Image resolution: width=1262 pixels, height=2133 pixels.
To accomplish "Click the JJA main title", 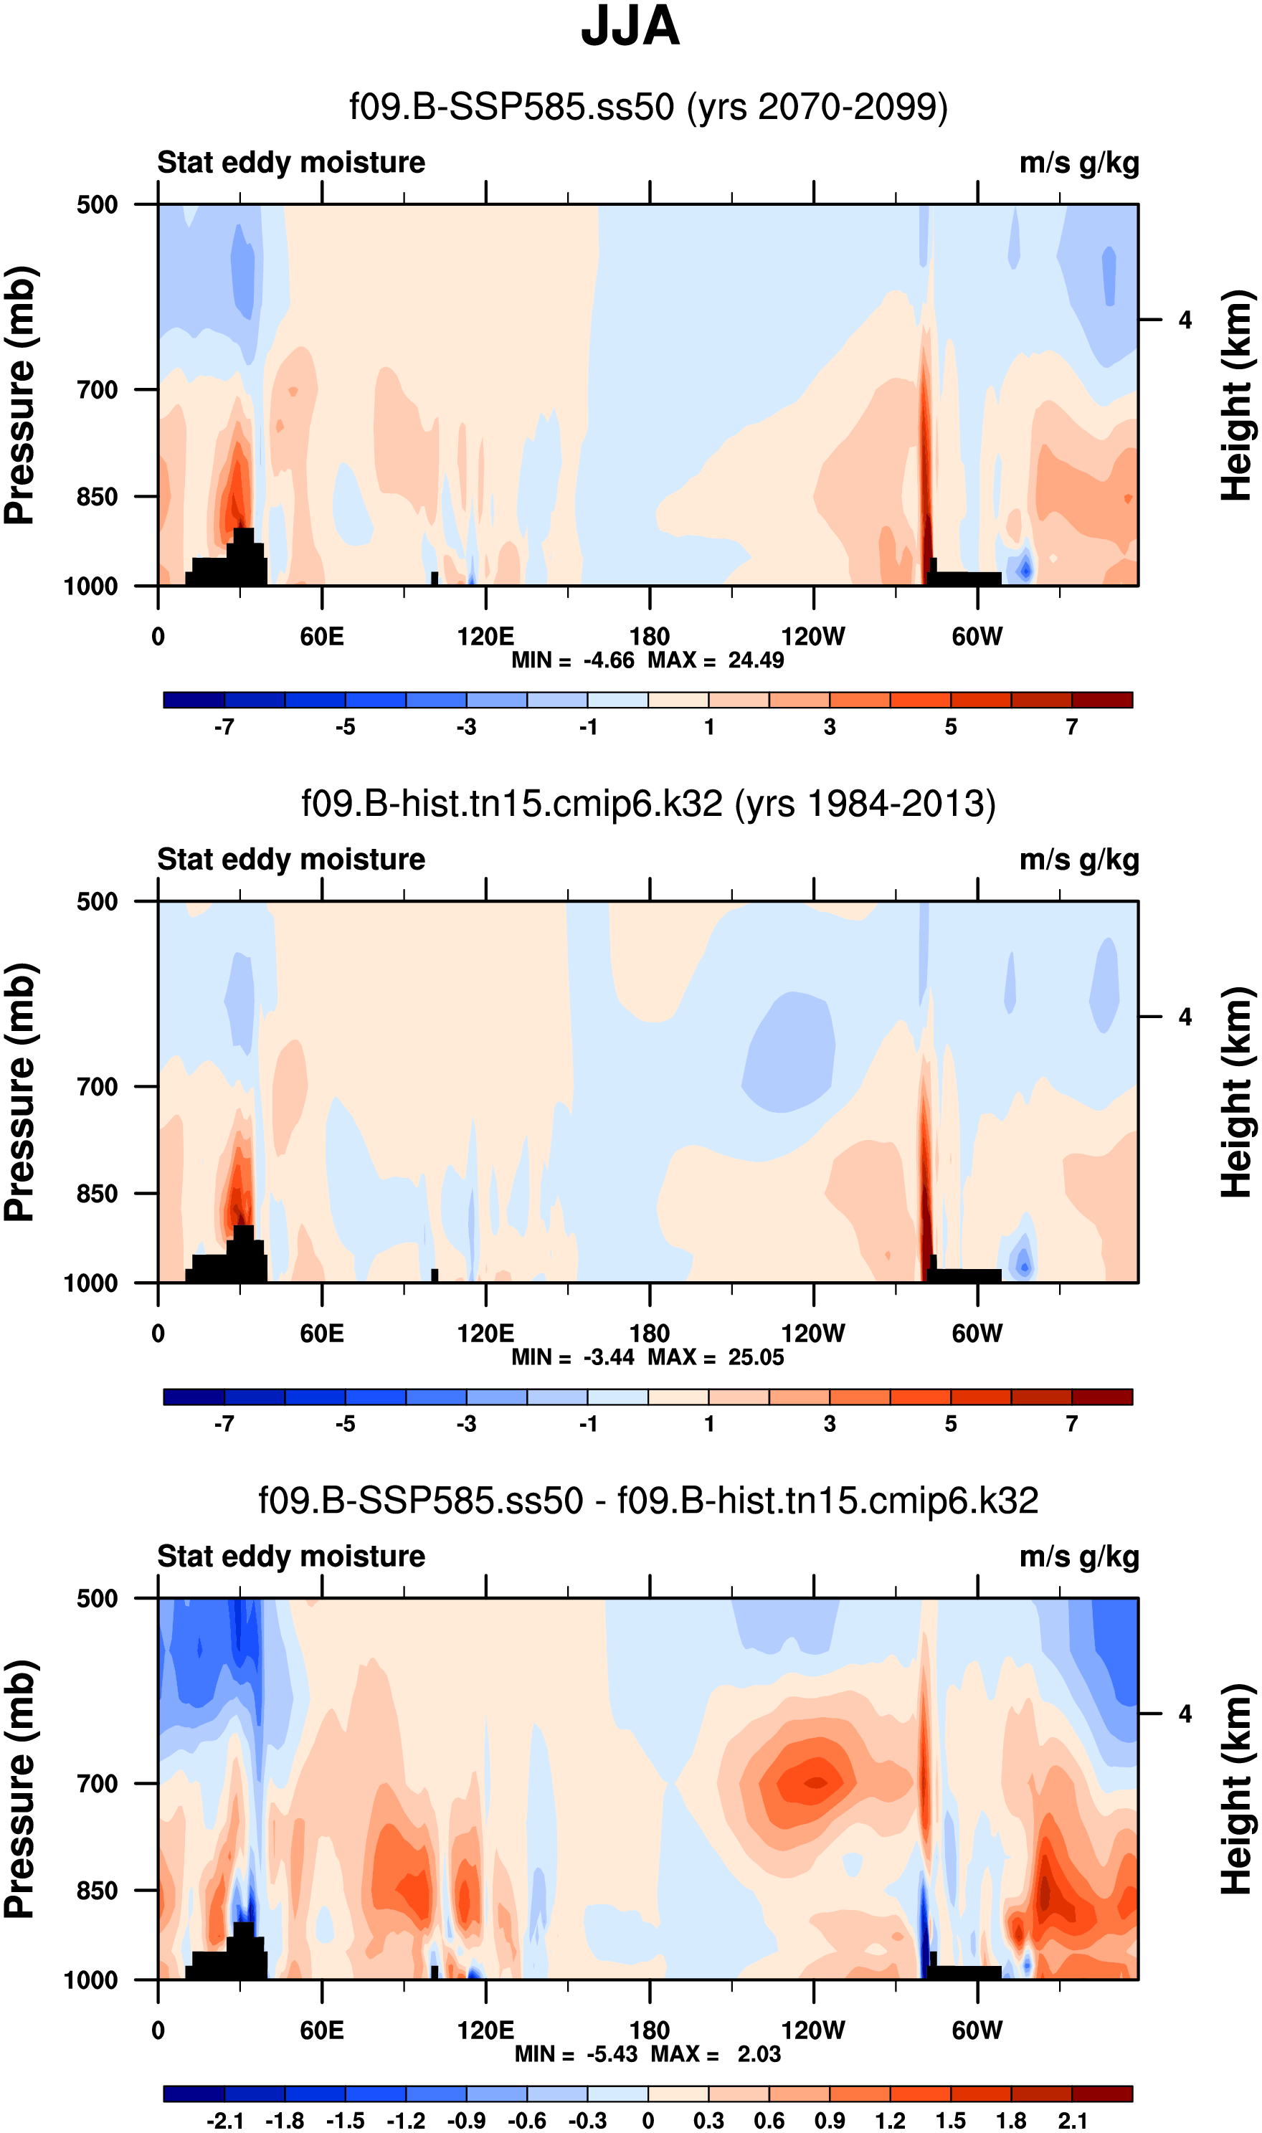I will coord(630,27).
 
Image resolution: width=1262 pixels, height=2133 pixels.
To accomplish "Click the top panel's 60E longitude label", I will coord(321,636).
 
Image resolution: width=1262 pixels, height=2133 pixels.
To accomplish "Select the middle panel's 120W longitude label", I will coord(813,1333).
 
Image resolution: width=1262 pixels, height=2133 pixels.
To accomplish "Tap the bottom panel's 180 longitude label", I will coord(650,2030).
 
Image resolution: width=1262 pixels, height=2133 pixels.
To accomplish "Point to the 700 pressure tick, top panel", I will coord(98,390).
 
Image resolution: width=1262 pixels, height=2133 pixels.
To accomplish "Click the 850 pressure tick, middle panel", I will coord(98,1194).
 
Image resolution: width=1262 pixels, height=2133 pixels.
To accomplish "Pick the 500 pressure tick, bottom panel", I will coord(98,1598).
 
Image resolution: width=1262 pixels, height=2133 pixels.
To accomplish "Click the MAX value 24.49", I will coord(756,660).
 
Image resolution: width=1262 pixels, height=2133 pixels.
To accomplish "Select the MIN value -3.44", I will coord(609,1358).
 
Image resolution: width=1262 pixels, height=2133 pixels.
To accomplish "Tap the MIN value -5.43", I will coord(612,2054).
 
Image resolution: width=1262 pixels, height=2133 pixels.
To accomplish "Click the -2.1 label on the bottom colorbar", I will coord(224,2121).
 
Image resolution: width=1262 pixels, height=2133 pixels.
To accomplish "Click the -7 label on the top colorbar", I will coord(224,727).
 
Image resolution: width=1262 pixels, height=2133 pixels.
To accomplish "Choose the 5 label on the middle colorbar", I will coord(951,1424).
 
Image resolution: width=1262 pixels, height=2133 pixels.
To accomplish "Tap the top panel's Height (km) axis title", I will coord(1238,395).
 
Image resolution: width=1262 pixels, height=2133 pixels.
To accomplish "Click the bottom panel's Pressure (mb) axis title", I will coord(20,1790).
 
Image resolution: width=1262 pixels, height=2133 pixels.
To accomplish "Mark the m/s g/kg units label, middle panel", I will coord(1079,860).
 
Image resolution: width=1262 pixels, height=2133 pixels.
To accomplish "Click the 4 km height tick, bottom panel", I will coord(1185,1714).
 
